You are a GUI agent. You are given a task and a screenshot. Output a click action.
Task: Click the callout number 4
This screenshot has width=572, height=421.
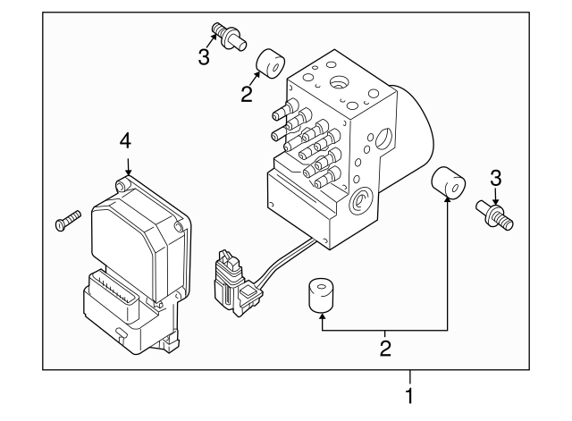[x=126, y=140]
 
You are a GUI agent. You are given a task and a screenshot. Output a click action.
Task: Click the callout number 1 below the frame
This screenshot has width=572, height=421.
[x=409, y=393]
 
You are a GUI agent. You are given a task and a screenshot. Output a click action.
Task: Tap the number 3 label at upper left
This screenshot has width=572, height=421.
[x=205, y=57]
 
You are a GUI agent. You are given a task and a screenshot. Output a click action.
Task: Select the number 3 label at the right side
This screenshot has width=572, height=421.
[x=497, y=178]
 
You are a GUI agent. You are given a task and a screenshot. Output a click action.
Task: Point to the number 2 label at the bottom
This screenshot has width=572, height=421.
[x=385, y=346]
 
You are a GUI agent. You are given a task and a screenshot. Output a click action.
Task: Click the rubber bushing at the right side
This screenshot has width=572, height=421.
[x=449, y=184]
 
